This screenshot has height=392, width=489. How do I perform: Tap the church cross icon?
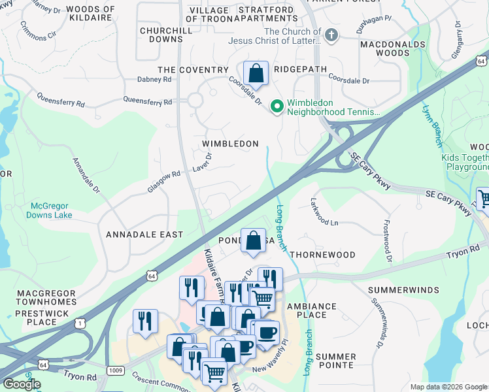coord(331,35)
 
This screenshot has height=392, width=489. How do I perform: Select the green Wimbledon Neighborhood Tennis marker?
coord(277,105)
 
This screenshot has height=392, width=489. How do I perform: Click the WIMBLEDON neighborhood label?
coord(230,144)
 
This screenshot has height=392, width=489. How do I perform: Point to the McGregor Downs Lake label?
coord(50,210)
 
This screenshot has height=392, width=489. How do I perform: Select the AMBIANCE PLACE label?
coord(312,310)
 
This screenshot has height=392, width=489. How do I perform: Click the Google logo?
coord(22,384)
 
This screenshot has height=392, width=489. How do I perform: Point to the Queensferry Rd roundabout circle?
coord(195,101)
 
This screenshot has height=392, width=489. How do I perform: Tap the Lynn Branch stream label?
coord(434,125)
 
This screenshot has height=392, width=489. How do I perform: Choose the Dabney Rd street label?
coord(154,79)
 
